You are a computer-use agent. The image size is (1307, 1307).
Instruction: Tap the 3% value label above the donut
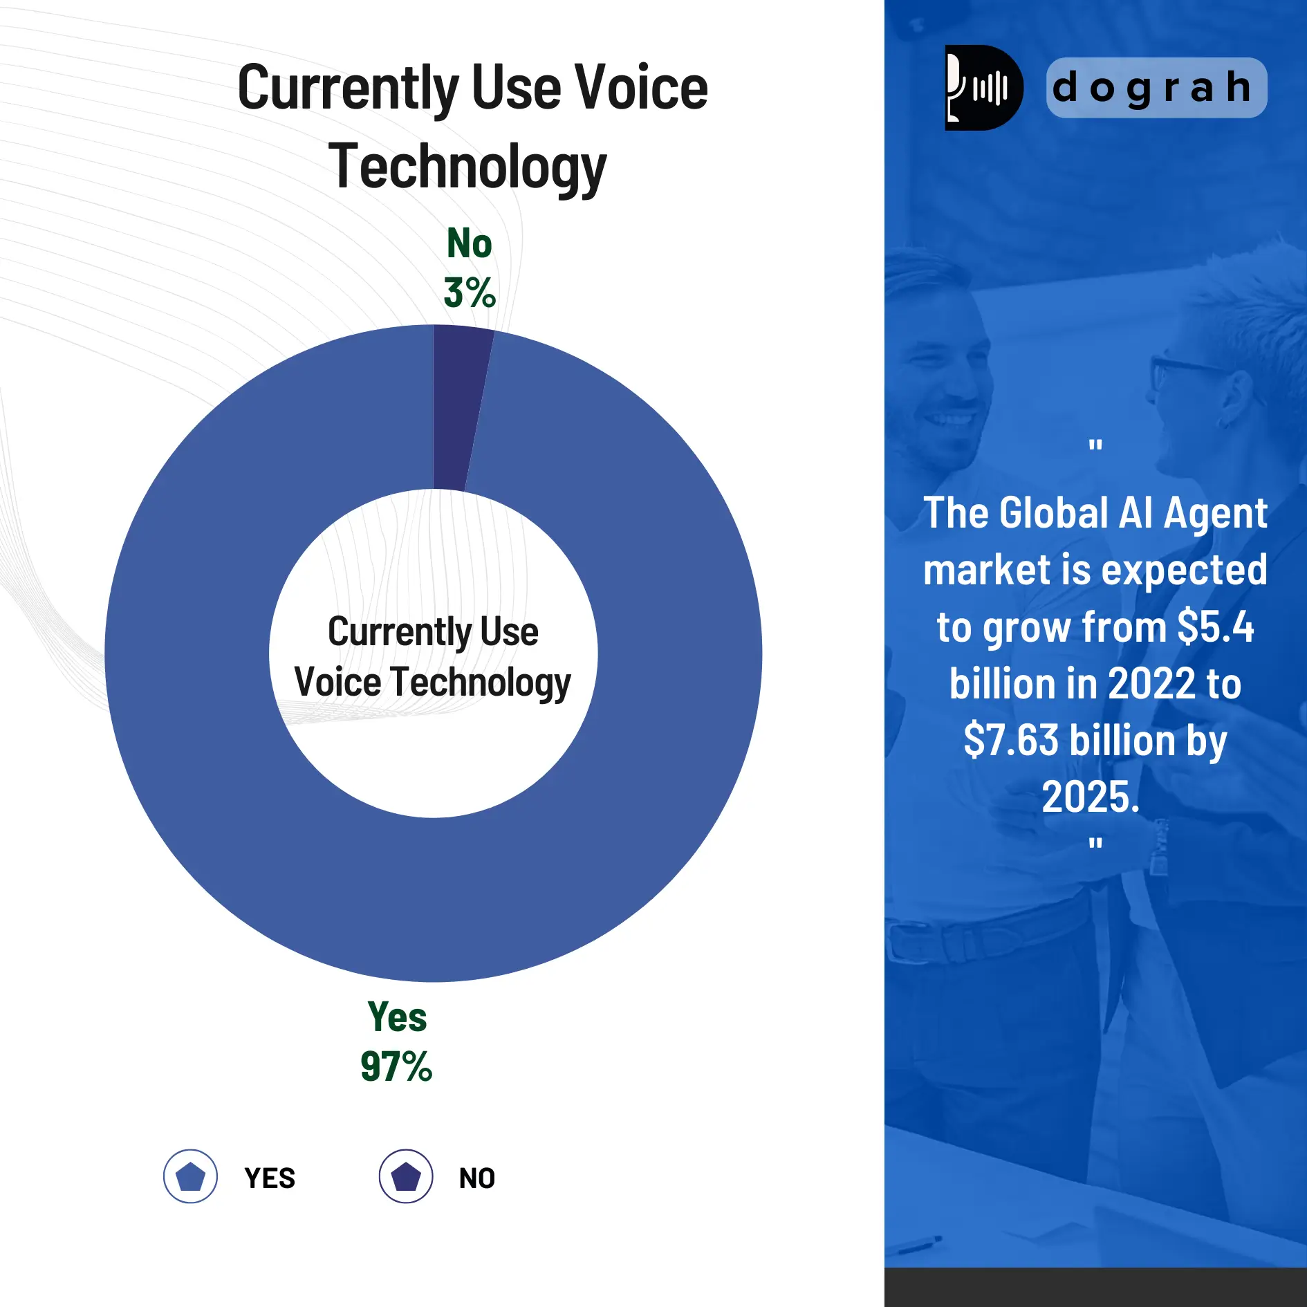click(470, 293)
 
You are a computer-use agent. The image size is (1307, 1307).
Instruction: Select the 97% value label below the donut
click(396, 1066)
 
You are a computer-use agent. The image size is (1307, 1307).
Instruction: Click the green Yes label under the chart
click(397, 1017)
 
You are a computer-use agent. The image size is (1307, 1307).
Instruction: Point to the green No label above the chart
click(470, 243)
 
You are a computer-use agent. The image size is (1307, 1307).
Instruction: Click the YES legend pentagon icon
click(190, 1176)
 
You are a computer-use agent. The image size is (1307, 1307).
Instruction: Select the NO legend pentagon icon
click(406, 1176)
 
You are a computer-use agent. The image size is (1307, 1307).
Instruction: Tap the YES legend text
click(270, 1178)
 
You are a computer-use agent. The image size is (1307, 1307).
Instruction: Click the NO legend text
click(477, 1178)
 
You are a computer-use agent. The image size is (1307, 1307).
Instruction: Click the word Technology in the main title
click(467, 167)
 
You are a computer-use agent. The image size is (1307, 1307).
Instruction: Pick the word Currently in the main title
click(348, 89)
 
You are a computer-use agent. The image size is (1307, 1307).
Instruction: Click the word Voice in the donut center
click(337, 683)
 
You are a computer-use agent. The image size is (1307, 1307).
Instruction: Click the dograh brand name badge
click(1156, 88)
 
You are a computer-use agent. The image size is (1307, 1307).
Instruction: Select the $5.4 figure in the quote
click(1215, 627)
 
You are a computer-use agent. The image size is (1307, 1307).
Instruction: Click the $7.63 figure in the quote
click(1010, 740)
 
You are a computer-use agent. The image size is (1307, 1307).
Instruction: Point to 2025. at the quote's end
click(1091, 797)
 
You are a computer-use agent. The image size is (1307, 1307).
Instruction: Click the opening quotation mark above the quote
click(1095, 445)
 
